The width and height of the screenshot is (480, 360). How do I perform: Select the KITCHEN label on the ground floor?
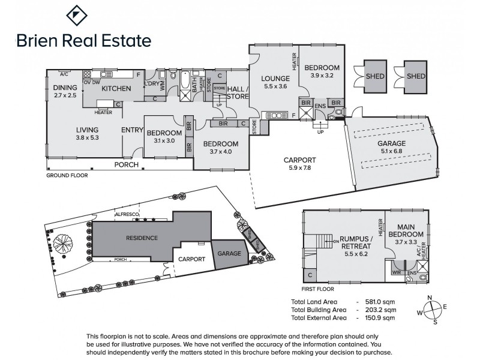(x=116, y=89)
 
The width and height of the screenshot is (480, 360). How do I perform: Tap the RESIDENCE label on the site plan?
(x=142, y=238)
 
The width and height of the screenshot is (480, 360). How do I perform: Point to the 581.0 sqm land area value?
(x=379, y=302)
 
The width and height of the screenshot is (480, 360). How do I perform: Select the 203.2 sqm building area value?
(x=379, y=310)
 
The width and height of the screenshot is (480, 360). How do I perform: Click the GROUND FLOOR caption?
(x=67, y=176)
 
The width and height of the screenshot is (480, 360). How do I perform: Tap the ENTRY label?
(x=131, y=130)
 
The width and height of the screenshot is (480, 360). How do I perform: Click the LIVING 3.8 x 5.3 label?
(x=86, y=133)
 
